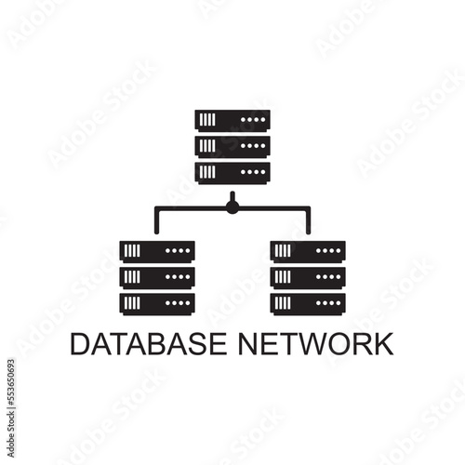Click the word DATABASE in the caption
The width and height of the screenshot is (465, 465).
(149, 344)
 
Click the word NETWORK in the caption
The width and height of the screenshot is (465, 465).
(316, 344)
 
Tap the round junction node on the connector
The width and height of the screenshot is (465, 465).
(232, 206)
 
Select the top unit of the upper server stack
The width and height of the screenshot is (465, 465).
(232, 121)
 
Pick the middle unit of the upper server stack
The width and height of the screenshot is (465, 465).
(232, 147)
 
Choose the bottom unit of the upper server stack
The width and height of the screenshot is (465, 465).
(232, 173)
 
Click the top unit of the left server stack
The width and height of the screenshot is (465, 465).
(157, 252)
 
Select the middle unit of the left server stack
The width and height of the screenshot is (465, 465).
(157, 278)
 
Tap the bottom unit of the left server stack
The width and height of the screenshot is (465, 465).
(157, 304)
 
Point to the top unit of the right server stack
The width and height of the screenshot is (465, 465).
(308, 252)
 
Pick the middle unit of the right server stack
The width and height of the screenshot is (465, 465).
(308, 278)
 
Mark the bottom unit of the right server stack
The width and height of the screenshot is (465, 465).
(308, 304)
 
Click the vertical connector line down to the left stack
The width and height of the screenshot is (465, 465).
(156, 220)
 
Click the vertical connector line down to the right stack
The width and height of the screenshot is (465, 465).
(308, 220)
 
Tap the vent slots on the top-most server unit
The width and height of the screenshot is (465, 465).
(207, 120)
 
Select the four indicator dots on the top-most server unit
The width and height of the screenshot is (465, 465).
(253, 120)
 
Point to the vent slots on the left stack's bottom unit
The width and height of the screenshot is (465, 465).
(132, 303)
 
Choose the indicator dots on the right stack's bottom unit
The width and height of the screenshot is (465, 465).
(328, 303)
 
